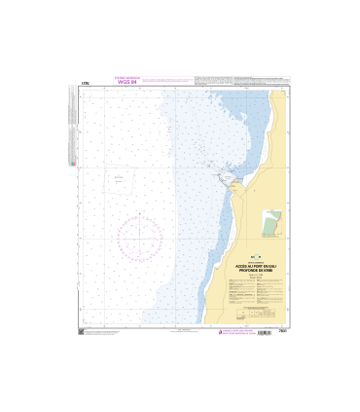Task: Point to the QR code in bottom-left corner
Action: coord(81,331)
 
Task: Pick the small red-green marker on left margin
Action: coord(75,164)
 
